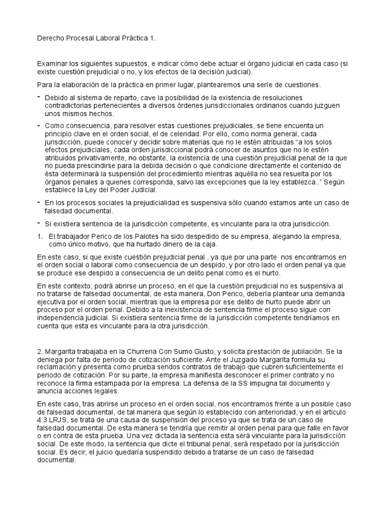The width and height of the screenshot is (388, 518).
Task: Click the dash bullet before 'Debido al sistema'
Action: click(39, 97)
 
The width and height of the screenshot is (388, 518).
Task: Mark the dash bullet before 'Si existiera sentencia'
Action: click(39, 223)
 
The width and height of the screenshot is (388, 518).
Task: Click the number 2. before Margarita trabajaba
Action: click(40, 351)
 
